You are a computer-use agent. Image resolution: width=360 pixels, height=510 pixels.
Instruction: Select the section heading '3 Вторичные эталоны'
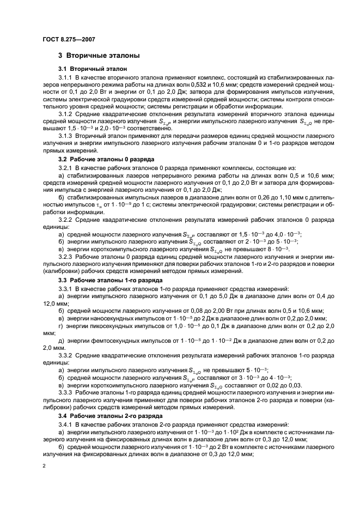(x=99, y=56)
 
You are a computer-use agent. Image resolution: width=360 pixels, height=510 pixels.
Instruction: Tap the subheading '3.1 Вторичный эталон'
(x=92, y=69)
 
